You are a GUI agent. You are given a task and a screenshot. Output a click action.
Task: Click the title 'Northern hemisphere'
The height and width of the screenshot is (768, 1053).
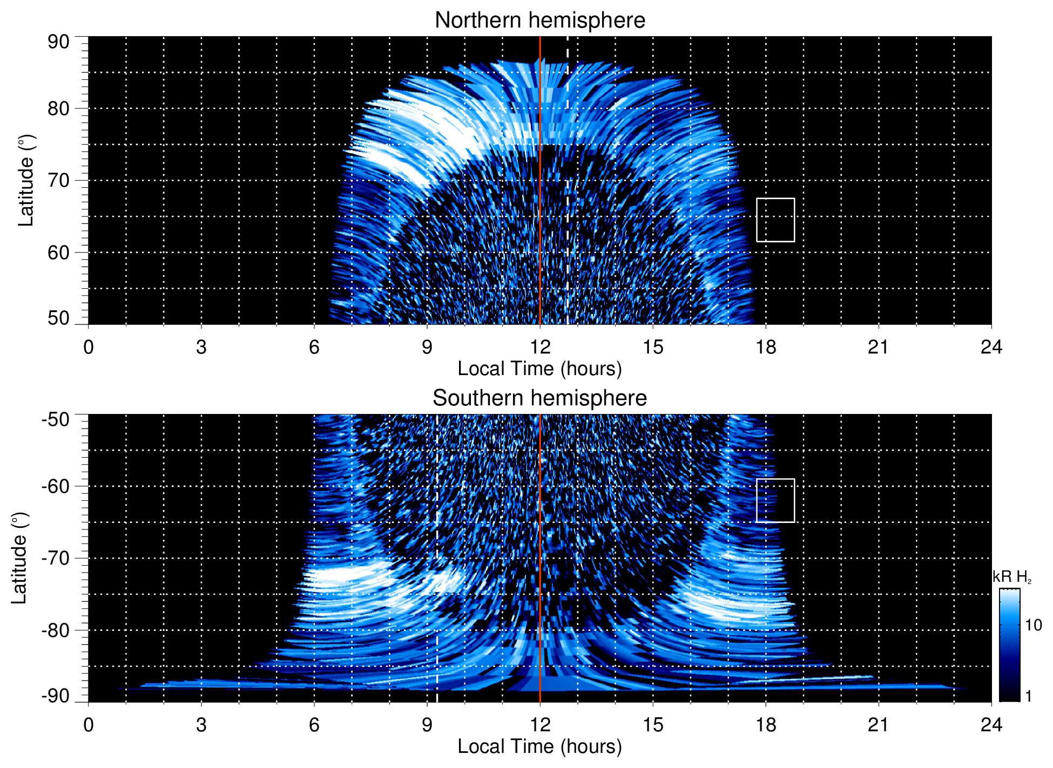point(539,21)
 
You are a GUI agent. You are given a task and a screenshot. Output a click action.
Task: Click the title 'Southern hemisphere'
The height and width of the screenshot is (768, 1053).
point(539,398)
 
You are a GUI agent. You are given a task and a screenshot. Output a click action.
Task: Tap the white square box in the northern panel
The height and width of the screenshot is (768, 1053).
point(775,220)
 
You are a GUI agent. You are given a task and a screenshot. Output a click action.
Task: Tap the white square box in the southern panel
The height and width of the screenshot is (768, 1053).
point(775,500)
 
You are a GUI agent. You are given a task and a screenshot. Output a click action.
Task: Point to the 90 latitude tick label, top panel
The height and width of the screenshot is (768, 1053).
point(58,42)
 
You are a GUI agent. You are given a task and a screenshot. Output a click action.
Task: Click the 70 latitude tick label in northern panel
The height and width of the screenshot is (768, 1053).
point(58,180)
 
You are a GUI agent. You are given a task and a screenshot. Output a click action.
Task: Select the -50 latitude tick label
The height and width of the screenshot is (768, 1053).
point(55,419)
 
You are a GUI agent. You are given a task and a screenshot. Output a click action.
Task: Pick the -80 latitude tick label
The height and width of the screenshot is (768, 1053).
point(55,630)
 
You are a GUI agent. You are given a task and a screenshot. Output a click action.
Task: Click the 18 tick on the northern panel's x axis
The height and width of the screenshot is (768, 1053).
point(765,347)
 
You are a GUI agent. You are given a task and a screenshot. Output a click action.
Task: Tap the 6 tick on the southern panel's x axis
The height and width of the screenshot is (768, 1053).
point(314,725)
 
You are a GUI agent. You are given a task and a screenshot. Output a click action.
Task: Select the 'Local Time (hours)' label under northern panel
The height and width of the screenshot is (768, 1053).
point(539,369)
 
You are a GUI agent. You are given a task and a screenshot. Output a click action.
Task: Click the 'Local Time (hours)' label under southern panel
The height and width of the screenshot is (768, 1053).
point(539,746)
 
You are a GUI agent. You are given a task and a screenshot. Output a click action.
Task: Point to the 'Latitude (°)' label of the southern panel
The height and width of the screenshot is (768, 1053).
point(19,559)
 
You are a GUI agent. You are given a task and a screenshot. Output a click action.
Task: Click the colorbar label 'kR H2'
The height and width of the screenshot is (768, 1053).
point(1011,577)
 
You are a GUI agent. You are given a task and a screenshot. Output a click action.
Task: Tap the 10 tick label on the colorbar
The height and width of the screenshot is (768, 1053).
point(1033,626)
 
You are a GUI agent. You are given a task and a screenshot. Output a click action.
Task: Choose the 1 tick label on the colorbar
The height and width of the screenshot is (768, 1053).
point(1028,696)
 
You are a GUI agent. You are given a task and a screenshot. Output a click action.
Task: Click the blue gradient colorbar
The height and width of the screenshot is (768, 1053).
point(1009,645)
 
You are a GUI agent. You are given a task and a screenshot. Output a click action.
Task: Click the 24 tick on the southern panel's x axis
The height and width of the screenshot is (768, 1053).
point(991,725)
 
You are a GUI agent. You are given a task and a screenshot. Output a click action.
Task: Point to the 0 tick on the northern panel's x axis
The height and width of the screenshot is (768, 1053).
point(89,347)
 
